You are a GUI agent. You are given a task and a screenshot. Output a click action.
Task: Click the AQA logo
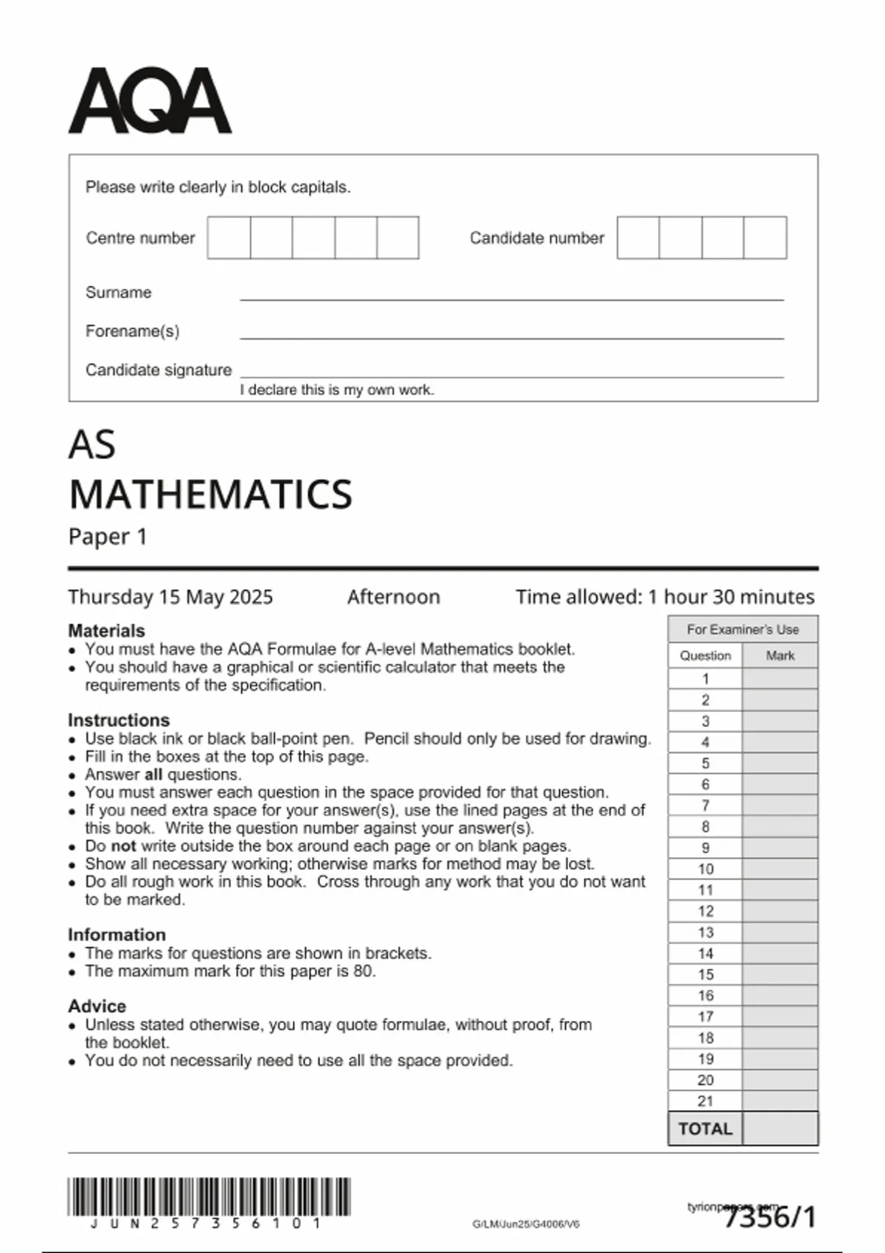(150, 101)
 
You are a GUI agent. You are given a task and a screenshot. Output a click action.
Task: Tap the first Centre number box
(229, 237)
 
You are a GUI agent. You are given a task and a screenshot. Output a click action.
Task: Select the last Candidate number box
(765, 237)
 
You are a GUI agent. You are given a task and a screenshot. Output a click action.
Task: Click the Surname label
(118, 293)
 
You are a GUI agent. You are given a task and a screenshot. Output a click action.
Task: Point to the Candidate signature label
(159, 370)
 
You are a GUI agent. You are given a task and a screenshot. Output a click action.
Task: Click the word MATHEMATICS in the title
(210, 494)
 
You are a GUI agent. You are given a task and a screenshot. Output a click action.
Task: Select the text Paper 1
(108, 537)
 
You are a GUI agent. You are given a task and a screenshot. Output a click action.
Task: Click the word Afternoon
(393, 597)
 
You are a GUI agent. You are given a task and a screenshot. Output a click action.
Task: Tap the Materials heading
(106, 631)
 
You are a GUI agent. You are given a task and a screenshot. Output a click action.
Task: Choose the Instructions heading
(119, 720)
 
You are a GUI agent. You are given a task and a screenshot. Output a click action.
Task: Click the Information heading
(117, 935)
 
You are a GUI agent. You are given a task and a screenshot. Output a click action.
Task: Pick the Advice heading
(97, 1006)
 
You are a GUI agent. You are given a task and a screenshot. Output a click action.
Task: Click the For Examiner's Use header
(743, 629)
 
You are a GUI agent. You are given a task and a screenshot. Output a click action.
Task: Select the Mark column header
(780, 656)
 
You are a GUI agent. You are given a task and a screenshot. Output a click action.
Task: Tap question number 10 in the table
(705, 869)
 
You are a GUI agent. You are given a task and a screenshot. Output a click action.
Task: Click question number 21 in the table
(705, 1101)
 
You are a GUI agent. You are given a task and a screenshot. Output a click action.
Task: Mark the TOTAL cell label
(705, 1129)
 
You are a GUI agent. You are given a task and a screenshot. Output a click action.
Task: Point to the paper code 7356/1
(771, 1217)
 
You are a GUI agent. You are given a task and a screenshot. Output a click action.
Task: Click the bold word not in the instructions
(124, 846)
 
